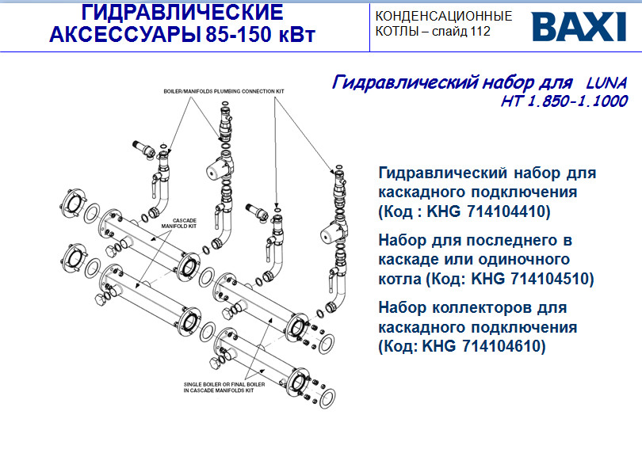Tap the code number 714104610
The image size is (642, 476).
pyautogui.click(x=507, y=346)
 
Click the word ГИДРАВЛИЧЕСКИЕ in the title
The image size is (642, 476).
pyautogui.click(x=182, y=13)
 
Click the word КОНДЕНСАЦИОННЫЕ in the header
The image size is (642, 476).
pyautogui.click(x=444, y=16)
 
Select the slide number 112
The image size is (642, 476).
pyautogui.click(x=480, y=32)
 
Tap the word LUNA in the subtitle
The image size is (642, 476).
pyautogui.click(x=606, y=82)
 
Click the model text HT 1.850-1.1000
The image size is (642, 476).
pyautogui.click(x=564, y=101)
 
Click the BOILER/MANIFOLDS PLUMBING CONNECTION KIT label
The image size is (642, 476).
pyautogui.click(x=224, y=91)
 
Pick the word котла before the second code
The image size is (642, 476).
pyautogui.click(x=400, y=279)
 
